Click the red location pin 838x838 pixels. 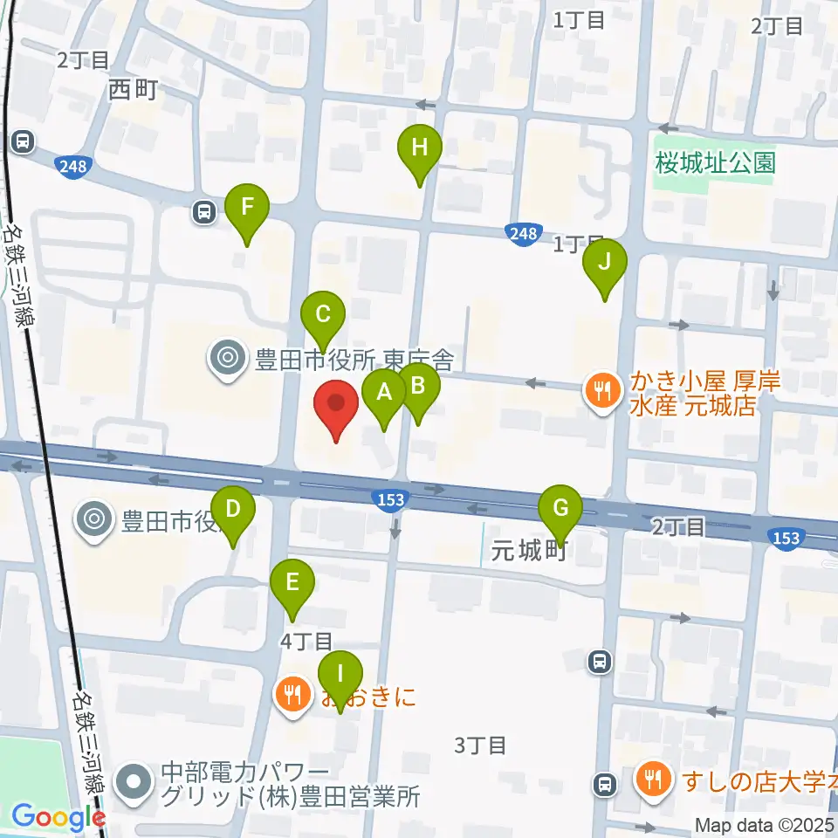336,407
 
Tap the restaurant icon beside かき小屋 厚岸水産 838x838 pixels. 601,388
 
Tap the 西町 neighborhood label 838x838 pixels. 134,89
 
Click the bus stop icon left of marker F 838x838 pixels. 204,210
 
